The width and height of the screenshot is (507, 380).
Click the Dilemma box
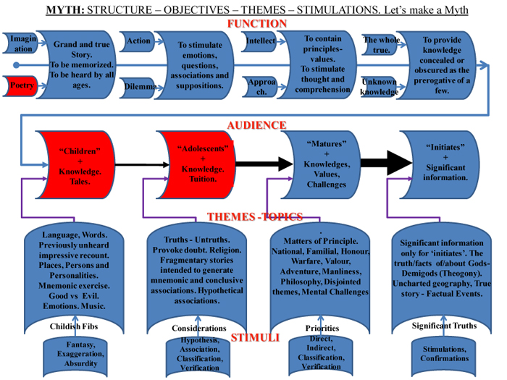coord(139,87)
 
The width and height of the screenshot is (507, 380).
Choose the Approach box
coord(258,87)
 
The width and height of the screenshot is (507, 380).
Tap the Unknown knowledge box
coord(378,87)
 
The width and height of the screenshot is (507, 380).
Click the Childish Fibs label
coord(70,328)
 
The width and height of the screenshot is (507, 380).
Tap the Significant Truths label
coord(445,326)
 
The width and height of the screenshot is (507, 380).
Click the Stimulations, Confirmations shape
coord(445,354)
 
